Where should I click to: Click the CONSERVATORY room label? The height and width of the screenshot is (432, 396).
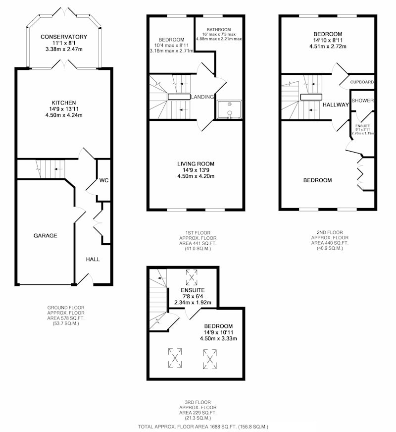(x=64, y=37)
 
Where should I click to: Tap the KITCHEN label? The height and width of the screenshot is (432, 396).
(x=64, y=103)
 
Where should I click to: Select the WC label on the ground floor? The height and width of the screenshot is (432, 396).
(x=104, y=180)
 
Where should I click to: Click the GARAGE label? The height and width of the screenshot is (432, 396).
(x=46, y=235)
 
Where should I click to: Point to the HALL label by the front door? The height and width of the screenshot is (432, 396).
(x=93, y=259)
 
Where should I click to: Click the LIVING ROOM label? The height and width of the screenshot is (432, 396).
(x=196, y=164)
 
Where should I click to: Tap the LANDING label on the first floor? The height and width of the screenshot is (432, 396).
(x=202, y=97)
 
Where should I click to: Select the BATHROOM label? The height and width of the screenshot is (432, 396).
(x=219, y=30)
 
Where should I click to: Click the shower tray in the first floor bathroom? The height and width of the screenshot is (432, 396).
(x=229, y=109)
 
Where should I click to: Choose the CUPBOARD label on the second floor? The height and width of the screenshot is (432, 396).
(x=362, y=82)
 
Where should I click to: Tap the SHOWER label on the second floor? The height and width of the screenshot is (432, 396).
(x=363, y=101)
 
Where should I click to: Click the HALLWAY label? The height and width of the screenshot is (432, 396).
(x=336, y=105)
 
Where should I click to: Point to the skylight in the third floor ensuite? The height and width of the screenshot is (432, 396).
(x=192, y=277)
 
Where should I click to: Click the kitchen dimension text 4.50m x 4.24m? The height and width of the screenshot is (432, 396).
(x=64, y=115)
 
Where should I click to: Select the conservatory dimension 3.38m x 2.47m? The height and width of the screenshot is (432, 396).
(x=64, y=50)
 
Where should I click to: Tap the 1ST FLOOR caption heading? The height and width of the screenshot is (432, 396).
(x=198, y=233)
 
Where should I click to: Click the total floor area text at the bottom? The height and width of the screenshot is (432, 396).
(x=203, y=427)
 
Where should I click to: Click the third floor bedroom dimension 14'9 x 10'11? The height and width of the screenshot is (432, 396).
(x=218, y=332)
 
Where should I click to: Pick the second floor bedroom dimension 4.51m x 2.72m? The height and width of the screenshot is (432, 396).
(x=328, y=47)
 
